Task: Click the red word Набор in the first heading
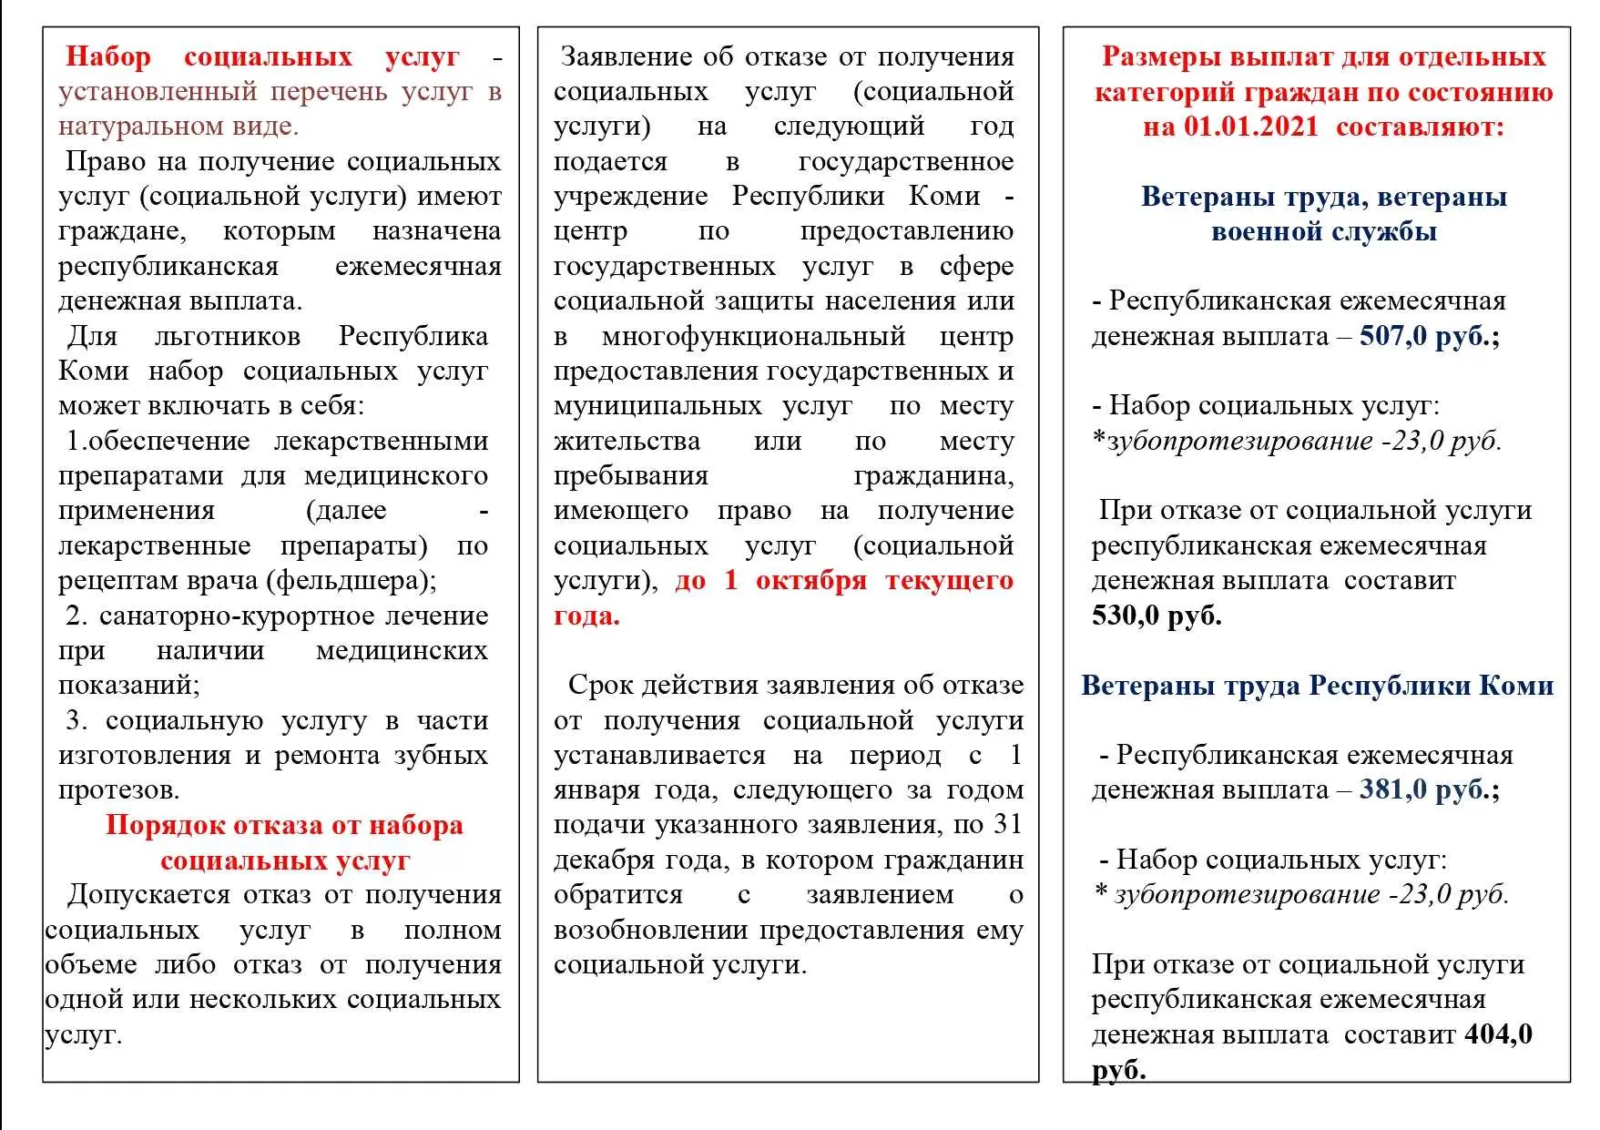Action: (x=108, y=56)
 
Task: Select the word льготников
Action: (x=227, y=336)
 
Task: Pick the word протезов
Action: (x=118, y=789)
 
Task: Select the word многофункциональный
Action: (x=753, y=336)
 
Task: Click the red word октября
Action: (x=810, y=581)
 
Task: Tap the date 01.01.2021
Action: (x=1250, y=127)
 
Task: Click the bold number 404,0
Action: (x=1498, y=1034)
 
